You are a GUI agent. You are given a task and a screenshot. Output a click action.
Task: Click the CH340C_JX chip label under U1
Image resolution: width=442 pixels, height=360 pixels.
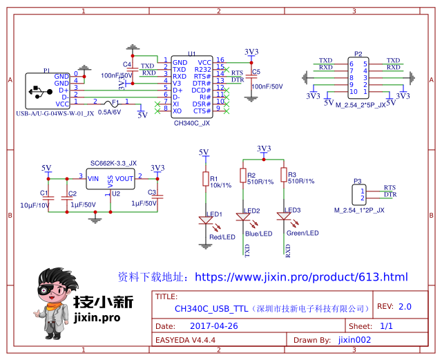(x=192, y=123)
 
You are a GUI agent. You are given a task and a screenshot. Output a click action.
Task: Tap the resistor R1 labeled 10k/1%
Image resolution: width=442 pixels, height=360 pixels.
(x=204, y=180)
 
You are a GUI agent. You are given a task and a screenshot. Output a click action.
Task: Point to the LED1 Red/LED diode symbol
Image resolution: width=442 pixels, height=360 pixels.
(x=205, y=221)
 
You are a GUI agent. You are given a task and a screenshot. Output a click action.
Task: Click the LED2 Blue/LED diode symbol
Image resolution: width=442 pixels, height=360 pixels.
(x=242, y=216)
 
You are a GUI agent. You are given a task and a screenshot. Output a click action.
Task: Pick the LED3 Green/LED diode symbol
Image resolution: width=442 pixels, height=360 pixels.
(x=283, y=216)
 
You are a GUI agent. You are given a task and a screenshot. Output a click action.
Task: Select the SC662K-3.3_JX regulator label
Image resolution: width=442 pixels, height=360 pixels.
(x=113, y=163)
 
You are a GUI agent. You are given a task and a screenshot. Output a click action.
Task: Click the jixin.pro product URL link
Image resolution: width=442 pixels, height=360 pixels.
(x=301, y=277)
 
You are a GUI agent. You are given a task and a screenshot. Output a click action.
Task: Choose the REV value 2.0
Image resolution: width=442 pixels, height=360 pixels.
(x=404, y=306)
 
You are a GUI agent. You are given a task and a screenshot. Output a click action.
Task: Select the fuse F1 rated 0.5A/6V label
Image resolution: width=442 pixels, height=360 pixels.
(x=110, y=111)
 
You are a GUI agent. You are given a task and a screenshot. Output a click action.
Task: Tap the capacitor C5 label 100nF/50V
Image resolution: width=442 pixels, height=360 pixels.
(x=267, y=86)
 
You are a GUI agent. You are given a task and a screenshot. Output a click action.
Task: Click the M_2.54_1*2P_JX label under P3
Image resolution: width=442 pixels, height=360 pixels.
(x=359, y=209)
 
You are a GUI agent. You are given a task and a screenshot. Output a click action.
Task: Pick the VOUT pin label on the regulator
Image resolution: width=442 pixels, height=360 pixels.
(x=125, y=178)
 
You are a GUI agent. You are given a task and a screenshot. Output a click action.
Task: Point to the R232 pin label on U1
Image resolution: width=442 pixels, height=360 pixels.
(x=203, y=69)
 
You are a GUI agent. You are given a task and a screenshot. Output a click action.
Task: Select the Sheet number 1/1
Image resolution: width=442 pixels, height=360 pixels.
(x=387, y=325)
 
